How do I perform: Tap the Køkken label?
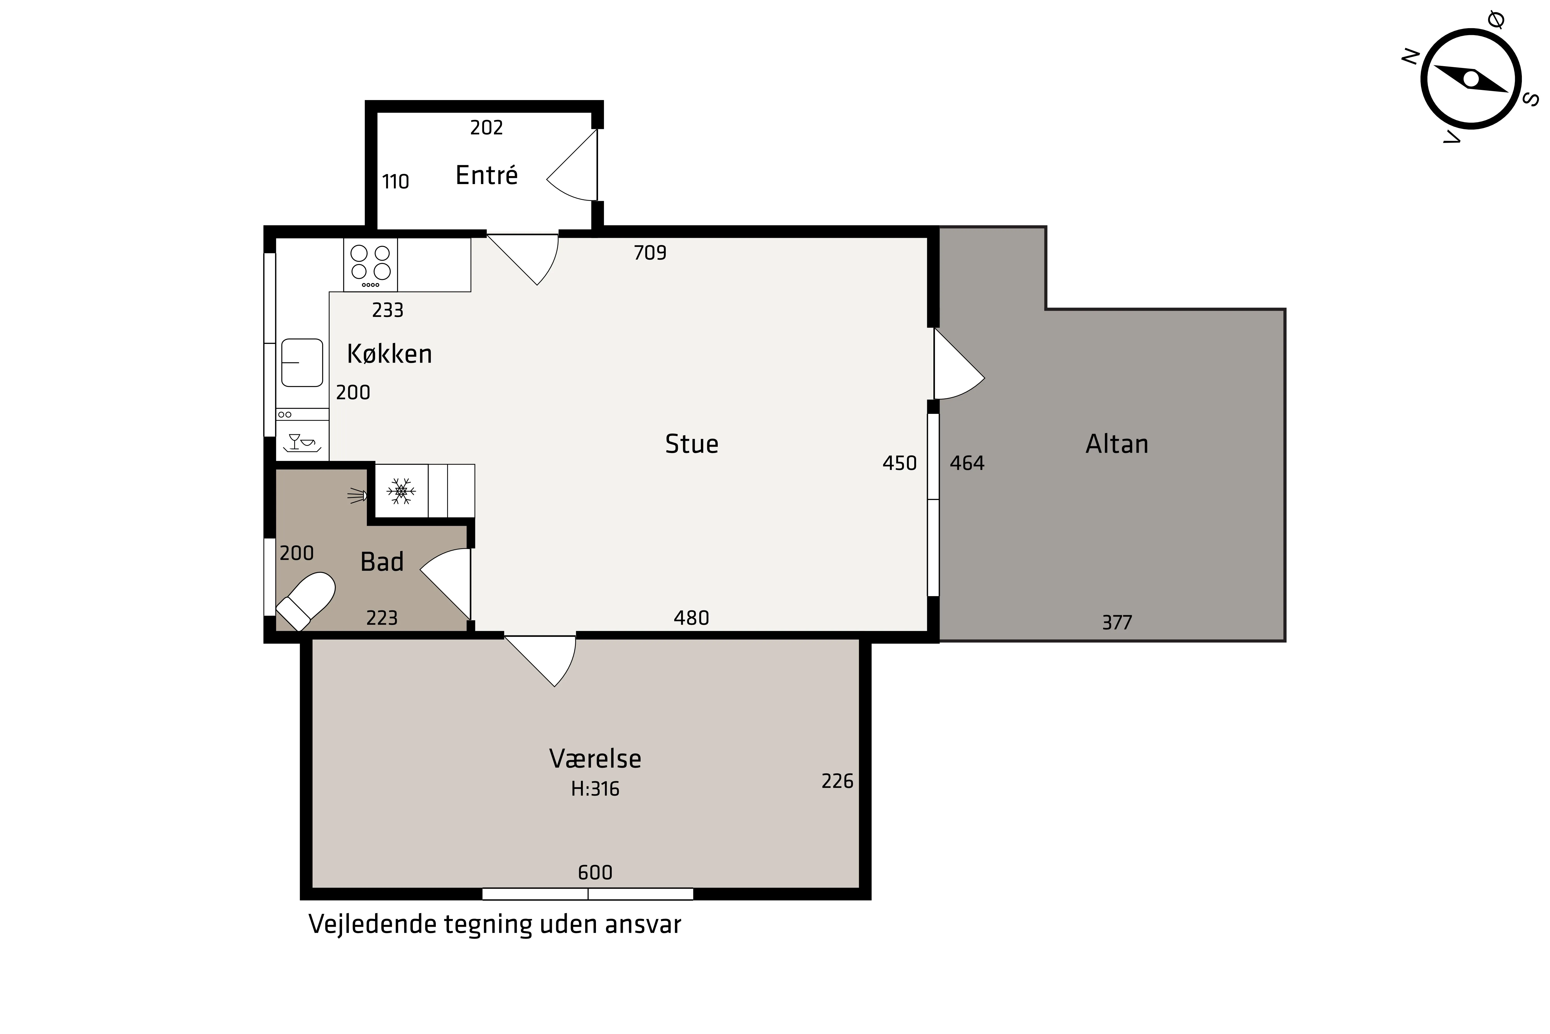(390, 354)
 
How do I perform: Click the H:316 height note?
(595, 789)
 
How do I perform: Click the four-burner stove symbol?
(370, 264)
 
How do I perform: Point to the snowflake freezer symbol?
(401, 491)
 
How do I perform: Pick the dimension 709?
(650, 253)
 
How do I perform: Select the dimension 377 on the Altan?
(1117, 622)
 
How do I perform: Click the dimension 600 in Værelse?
(595, 872)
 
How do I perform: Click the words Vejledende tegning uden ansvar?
(495, 925)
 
